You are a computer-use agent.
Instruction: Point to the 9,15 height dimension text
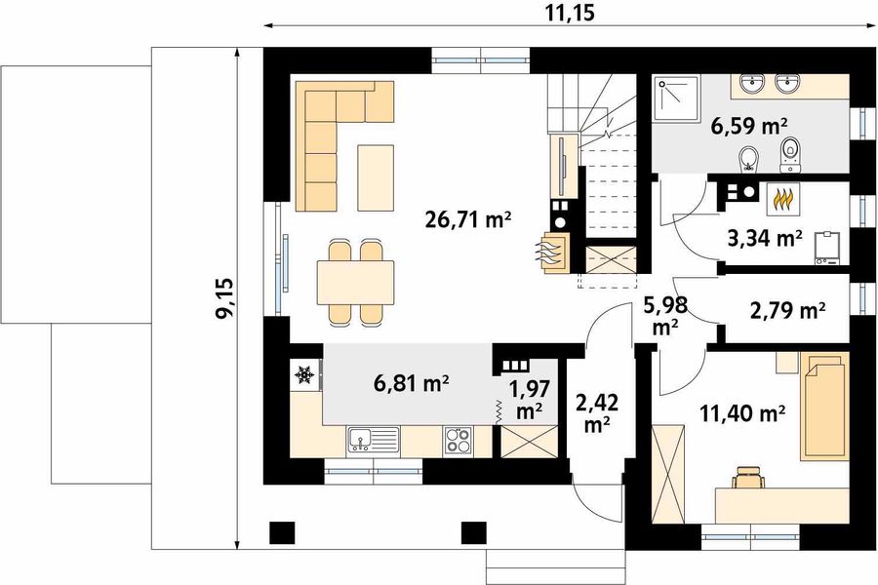[x=225, y=297]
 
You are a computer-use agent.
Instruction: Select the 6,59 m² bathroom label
[x=746, y=126]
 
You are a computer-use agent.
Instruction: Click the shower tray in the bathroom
[x=676, y=98]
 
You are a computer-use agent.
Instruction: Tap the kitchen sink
[x=374, y=439]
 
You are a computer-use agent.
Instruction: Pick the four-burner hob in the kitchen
[x=459, y=439]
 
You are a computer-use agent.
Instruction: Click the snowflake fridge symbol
[x=304, y=374]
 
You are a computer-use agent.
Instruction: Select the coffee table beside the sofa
[x=376, y=177]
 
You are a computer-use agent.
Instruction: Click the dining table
[x=355, y=282]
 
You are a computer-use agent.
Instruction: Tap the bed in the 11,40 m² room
[x=824, y=406]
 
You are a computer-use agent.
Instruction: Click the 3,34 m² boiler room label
[x=764, y=239]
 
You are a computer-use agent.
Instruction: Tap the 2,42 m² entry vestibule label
[x=597, y=414]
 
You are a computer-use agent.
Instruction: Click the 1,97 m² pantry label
[x=529, y=399]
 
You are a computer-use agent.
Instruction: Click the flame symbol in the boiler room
[x=782, y=199]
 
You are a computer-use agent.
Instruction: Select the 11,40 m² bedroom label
[x=741, y=413]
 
